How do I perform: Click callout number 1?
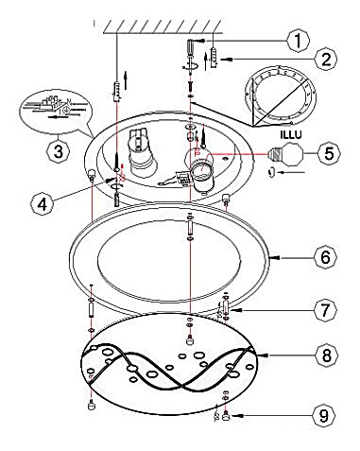298,41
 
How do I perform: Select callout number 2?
325,60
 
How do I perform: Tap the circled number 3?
59,151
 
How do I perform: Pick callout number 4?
43,204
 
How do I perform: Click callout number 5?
329,153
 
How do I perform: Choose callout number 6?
325,257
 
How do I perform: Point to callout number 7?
325,310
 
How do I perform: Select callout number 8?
327,356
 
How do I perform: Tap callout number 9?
324,415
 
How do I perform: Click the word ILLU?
291,135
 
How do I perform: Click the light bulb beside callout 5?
286,154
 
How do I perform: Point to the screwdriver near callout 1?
191,56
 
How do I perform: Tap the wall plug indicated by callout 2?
214,57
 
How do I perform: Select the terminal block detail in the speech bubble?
55,107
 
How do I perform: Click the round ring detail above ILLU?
281,95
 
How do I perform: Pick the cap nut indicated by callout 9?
226,417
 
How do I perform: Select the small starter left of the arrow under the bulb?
270,172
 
